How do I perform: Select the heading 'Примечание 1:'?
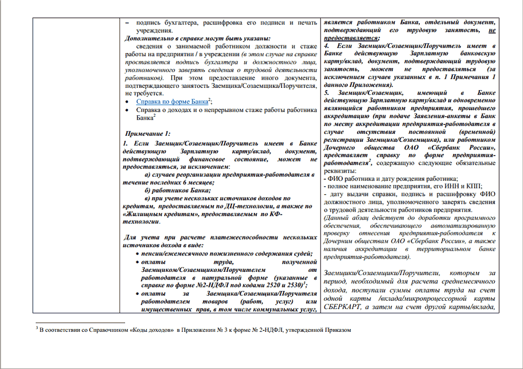coord(148,134)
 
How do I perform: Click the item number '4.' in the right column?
coord(326,47)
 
